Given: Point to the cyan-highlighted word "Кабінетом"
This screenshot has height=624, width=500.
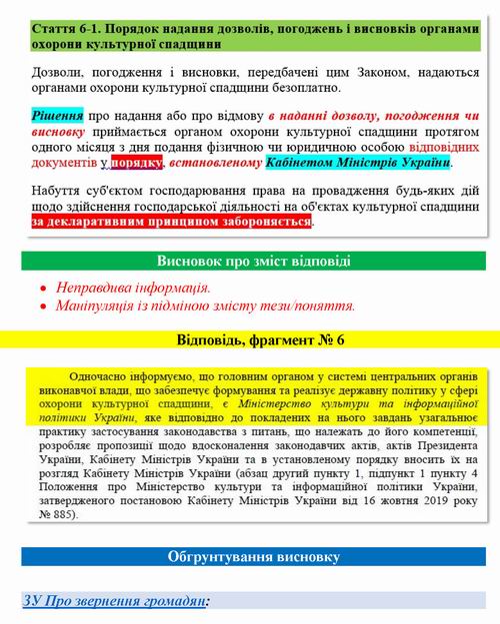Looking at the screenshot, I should coord(299,161).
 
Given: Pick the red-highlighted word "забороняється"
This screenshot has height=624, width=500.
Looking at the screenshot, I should coord(264,221).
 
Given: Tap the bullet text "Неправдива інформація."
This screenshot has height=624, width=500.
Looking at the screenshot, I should coord(133,288).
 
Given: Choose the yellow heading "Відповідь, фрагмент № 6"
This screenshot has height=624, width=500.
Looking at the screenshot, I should coord(260,340).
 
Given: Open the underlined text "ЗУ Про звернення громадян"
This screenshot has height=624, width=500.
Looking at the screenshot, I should coord(115,601).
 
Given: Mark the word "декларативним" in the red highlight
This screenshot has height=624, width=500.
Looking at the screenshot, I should coord(110,221).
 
